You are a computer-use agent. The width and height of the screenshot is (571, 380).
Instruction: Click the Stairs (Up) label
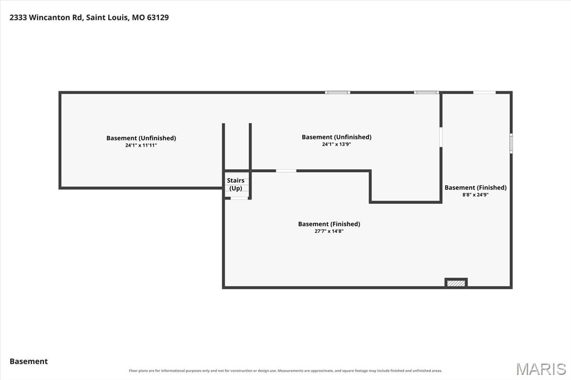(236, 184)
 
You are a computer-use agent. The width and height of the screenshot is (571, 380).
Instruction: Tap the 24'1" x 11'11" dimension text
(141, 145)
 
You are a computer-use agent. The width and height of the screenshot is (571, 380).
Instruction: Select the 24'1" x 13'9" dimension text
(336, 144)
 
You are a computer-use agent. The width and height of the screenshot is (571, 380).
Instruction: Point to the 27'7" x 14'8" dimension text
(329, 231)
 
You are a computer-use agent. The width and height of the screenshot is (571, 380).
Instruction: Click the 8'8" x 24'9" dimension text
(476, 194)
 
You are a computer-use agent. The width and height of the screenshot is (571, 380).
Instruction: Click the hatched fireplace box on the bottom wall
(456, 283)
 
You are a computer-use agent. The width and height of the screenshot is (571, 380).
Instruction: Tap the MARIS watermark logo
(541, 369)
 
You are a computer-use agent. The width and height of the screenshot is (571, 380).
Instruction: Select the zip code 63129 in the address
(158, 17)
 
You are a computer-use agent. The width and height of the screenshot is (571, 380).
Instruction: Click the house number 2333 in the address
(18, 17)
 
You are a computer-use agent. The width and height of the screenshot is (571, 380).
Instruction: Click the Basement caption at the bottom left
(29, 362)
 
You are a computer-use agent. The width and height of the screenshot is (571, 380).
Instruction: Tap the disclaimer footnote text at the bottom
(285, 371)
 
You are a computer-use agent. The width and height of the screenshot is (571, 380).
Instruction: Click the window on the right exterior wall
(511, 143)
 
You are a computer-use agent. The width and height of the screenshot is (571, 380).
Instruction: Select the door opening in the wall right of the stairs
(286, 170)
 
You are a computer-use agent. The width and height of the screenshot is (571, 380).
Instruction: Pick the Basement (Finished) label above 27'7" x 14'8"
(329, 224)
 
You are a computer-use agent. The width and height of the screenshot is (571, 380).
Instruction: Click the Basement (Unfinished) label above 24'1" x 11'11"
(141, 138)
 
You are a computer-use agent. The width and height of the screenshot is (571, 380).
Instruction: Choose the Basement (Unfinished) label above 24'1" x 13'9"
(336, 137)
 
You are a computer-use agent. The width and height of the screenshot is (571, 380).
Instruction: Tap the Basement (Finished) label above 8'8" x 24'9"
(476, 187)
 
